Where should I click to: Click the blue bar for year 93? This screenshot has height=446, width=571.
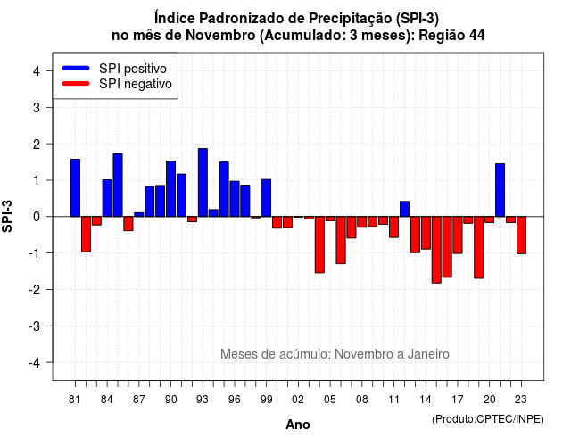coord(203,182)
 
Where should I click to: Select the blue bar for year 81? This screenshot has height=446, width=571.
coord(75,188)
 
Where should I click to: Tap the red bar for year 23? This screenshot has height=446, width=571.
coord(521,235)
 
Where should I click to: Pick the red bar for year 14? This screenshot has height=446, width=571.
coord(426,233)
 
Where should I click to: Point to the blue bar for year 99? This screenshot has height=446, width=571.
coord(267,198)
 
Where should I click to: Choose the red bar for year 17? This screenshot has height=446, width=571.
coord(458,235)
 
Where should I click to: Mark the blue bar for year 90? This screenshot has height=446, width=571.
coord(170,188)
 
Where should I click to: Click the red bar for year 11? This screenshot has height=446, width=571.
coord(394,227)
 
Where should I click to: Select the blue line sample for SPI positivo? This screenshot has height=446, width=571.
coord(76,68)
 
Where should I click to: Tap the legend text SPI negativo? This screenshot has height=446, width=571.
coord(136,84)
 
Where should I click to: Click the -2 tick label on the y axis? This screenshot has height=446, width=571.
coord(36,290)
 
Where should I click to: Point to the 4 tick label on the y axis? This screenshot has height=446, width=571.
coord(37,71)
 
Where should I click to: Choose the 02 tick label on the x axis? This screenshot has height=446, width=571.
coord(298,400)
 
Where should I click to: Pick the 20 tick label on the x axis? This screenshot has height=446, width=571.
coord(490,400)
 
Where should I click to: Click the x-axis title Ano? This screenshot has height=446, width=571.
coord(298,425)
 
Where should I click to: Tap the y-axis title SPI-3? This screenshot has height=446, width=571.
coord(7,216)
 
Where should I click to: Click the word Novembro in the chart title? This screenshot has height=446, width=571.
coord(220,36)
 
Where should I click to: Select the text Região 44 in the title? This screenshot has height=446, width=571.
coord(452,36)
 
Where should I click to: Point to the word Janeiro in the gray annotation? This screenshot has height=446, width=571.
coord(428,354)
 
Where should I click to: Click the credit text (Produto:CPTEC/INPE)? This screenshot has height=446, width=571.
coord(488,419)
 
